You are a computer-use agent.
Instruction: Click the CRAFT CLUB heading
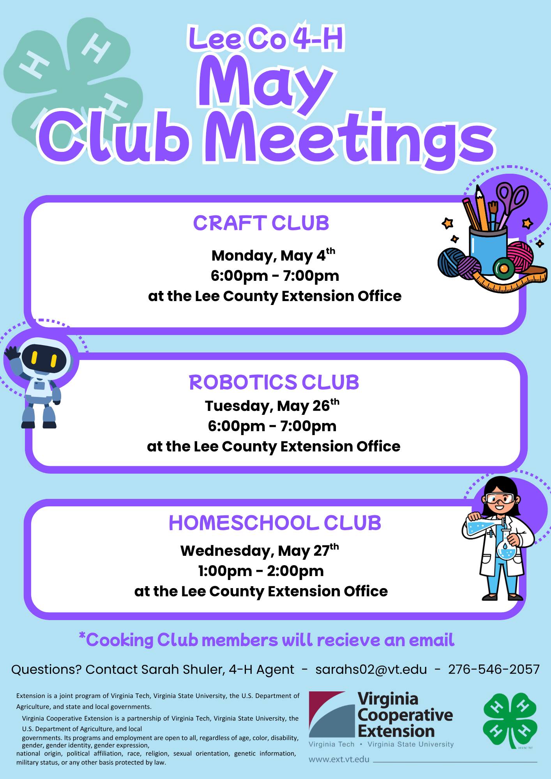261,223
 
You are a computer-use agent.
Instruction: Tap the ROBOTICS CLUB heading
274,382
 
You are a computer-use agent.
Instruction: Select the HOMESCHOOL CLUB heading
275,523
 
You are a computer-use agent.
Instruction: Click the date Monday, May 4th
273,256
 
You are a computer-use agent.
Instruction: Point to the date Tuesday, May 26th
272,406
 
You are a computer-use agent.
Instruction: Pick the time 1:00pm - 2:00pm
261,571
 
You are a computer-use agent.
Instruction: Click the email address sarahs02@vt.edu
371,670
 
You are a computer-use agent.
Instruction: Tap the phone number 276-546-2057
494,670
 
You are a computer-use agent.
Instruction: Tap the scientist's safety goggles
500,498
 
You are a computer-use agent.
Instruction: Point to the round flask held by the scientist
506,550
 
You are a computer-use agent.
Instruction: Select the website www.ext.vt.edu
339,759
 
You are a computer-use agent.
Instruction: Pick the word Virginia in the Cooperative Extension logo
388,699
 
